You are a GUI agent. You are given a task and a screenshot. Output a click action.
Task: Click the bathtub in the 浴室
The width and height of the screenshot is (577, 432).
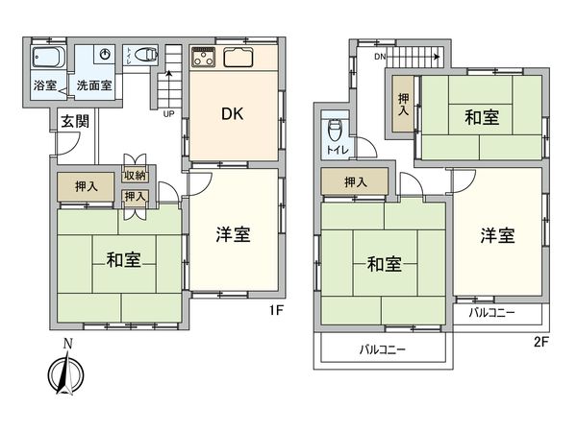coord(45,57)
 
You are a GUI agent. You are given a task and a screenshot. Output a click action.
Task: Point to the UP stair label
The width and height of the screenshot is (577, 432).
coord(169,112)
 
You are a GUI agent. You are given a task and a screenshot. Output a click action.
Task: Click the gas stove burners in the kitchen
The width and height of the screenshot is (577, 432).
coord(203,58)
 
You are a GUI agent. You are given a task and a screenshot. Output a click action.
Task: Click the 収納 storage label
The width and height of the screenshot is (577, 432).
coord(135,176)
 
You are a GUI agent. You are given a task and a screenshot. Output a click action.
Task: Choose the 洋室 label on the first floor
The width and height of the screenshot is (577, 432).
coord(233,233)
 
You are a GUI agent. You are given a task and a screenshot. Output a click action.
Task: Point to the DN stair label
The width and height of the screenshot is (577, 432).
coord(381,57)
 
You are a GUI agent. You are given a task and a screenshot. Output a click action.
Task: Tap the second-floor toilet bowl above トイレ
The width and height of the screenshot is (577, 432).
coord(335,130)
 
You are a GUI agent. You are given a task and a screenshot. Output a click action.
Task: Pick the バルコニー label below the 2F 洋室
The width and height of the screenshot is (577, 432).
coord(492,313)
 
